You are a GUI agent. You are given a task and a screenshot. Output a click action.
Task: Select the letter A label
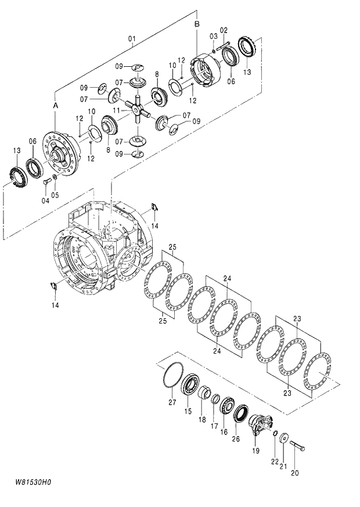[56, 106]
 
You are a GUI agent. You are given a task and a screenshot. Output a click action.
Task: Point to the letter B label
[197, 24]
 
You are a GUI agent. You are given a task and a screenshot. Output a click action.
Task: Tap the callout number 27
[172, 402]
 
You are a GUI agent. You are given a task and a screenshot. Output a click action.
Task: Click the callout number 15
[188, 411]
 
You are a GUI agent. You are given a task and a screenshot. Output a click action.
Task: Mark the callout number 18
[203, 419]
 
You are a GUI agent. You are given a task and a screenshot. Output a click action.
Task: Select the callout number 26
[236, 438]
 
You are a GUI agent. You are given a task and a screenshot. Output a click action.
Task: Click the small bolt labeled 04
[45, 182]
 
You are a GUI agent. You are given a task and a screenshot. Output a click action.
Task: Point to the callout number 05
[55, 195]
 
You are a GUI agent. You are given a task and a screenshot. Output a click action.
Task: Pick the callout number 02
[224, 30]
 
